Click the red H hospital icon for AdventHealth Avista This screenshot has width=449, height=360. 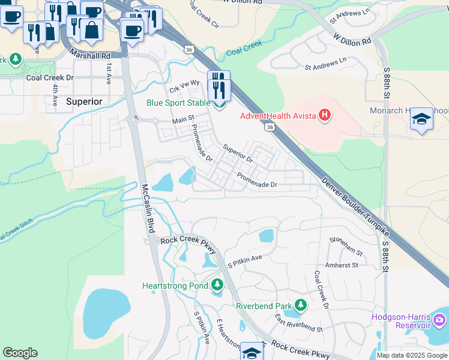pyautogui.click(x=325, y=115)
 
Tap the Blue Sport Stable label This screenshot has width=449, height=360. pyautogui.click(x=178, y=103)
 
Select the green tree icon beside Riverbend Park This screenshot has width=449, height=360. pyautogui.click(x=301, y=305)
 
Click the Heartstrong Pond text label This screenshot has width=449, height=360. pyautogui.click(x=175, y=286)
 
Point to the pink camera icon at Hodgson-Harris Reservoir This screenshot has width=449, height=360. pyautogui.click(x=441, y=322)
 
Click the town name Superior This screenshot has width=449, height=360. pyautogui.click(x=84, y=101)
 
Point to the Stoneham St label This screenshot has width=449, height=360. pyautogui.click(x=346, y=246)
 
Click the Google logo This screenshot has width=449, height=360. pyautogui.click(x=20, y=353)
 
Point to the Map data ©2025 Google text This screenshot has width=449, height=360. pyautogui.click(x=411, y=355)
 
